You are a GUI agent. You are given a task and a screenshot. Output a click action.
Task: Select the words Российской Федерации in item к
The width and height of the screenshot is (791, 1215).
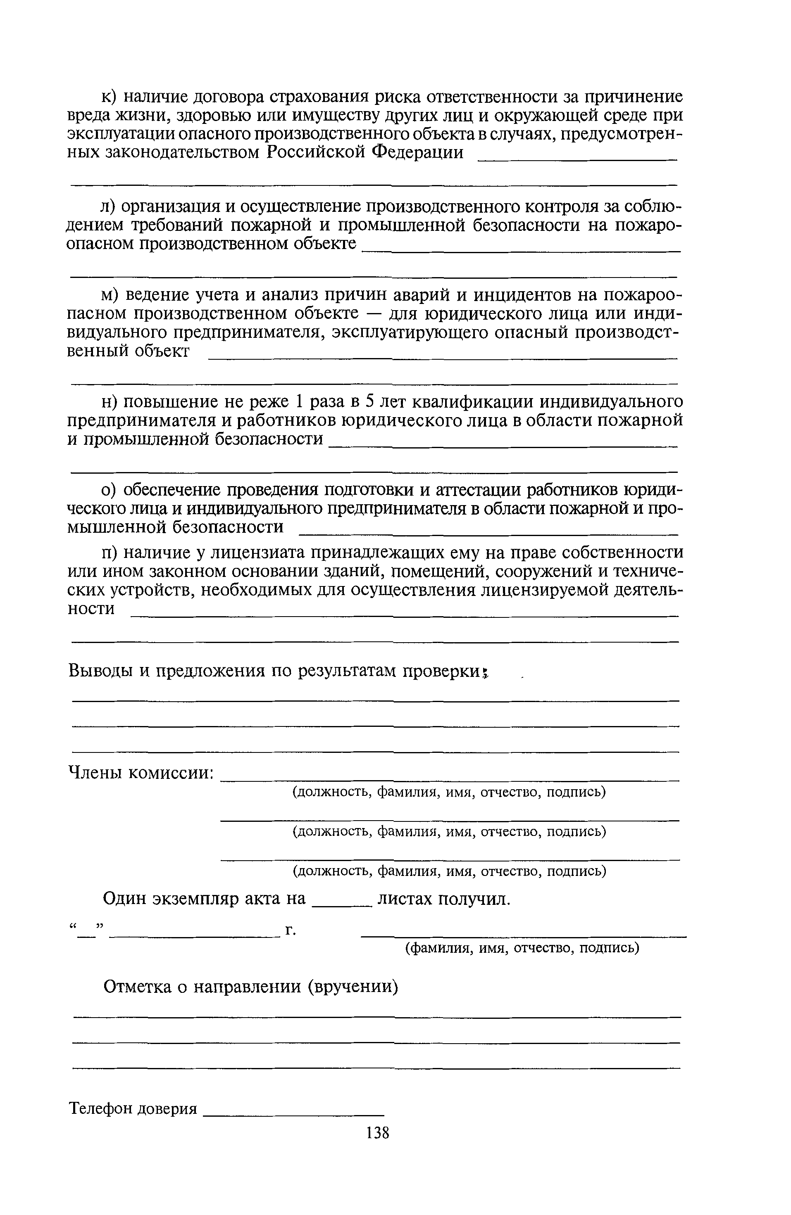(x=365, y=152)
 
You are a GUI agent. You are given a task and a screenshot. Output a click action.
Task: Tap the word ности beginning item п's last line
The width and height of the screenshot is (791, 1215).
(x=91, y=608)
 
